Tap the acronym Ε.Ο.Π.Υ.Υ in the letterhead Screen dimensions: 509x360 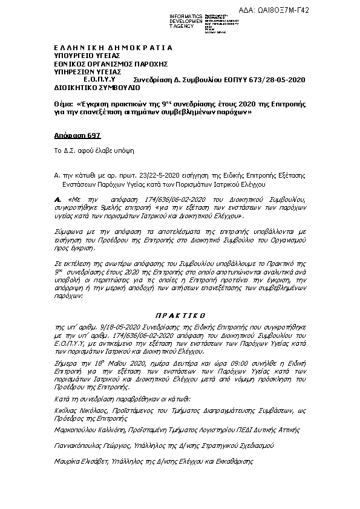pyautogui.click(x=99, y=79)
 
